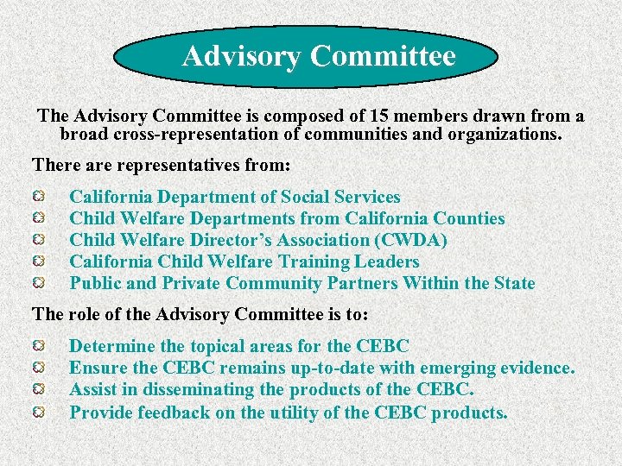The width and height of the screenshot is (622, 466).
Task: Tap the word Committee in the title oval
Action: (x=383, y=57)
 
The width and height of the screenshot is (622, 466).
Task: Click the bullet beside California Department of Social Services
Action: (x=40, y=198)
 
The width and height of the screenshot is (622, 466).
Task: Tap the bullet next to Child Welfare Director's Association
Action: (x=40, y=240)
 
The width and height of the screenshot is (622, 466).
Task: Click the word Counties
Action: (x=469, y=218)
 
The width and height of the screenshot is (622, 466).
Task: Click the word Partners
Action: (x=363, y=283)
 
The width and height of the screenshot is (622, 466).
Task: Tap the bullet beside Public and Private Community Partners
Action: (x=40, y=283)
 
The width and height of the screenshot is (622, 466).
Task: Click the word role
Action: (x=84, y=314)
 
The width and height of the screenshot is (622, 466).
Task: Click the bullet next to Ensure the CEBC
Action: (x=40, y=368)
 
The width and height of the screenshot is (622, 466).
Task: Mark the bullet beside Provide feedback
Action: (x=40, y=412)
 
